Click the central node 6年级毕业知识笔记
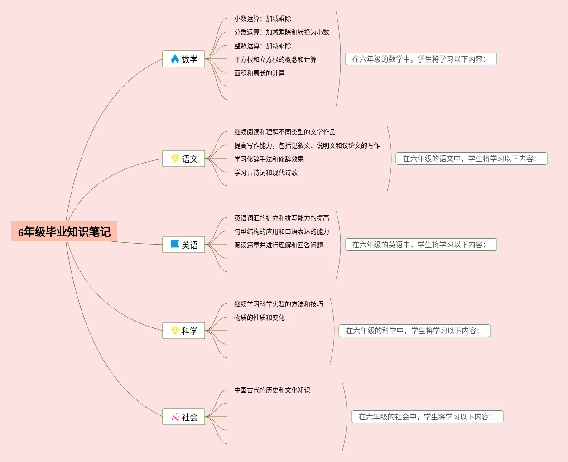[64, 231]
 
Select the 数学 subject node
[184, 59]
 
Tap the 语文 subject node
[184, 159]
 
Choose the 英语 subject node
[184, 245]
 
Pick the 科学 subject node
[184, 331]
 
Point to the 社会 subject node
[184, 417]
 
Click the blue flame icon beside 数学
[175, 59]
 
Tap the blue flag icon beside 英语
[175, 244]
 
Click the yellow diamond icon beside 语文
[175, 158]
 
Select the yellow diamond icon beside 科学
[175, 330]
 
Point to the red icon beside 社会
[175, 417]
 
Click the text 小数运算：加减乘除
[263, 19]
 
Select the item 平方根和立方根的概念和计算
[275, 59]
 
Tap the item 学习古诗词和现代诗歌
[266, 173]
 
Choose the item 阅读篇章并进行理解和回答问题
[279, 245]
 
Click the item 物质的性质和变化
[260, 318]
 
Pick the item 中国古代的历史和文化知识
[272, 390]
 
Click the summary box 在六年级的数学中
[421, 59]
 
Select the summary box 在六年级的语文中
[472, 159]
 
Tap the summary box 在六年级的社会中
[427, 417]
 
